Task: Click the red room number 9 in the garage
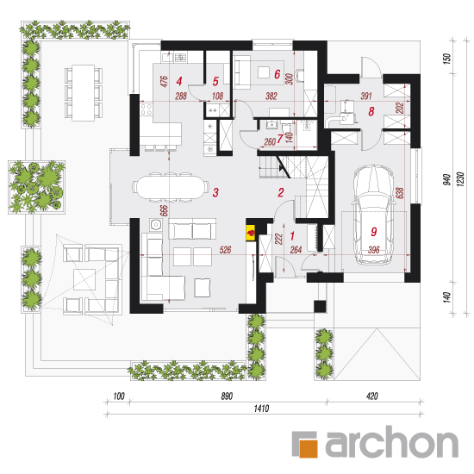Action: point(374,232)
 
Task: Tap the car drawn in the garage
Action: point(374,215)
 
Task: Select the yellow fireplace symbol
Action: point(251,233)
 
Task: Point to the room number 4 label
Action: point(179,81)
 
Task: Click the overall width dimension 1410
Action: point(261,409)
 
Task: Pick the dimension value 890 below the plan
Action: point(227,396)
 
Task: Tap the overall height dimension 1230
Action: point(460,179)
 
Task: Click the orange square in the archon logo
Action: point(309,448)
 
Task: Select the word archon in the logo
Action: point(392,442)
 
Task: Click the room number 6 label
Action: point(278,74)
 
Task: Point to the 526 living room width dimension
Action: point(225,250)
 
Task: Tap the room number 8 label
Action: point(371,111)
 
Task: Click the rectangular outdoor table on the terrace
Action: point(83,93)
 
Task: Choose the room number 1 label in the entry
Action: point(292,236)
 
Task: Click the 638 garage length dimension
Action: point(400,193)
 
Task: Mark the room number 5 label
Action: point(215,81)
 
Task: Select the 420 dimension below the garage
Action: point(372,396)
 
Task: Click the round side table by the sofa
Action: point(156,225)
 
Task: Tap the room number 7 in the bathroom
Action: point(280,139)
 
